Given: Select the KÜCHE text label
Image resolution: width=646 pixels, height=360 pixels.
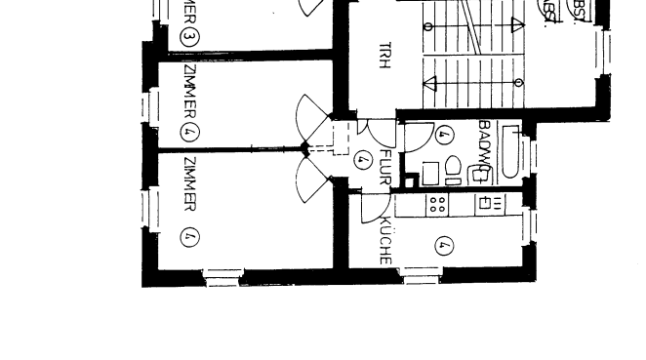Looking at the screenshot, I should click(x=384, y=239).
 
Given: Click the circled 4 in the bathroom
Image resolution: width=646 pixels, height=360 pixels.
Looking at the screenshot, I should click(x=444, y=135).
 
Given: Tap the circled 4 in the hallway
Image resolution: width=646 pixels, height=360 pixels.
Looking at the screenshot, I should click(x=364, y=157).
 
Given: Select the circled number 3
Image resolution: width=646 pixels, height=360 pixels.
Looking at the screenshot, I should click(x=188, y=38).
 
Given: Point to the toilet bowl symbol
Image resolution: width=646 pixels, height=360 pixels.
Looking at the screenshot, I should click(x=452, y=169).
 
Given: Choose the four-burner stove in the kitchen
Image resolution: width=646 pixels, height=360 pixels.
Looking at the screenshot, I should click(x=437, y=204).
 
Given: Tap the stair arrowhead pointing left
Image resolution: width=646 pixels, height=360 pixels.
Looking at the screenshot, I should click(x=429, y=83).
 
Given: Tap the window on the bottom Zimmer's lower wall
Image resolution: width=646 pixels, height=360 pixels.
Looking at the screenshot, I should click(x=222, y=277).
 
